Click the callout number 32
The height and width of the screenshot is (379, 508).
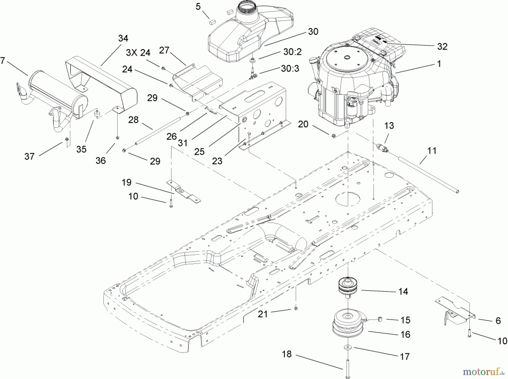[x=442, y=47]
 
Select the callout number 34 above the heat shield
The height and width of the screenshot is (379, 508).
[x=123, y=38]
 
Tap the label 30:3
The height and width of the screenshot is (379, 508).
[x=290, y=69]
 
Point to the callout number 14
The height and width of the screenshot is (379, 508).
[x=403, y=291]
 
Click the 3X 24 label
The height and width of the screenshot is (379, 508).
[x=138, y=53]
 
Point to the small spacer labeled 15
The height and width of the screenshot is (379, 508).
[x=380, y=319]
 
